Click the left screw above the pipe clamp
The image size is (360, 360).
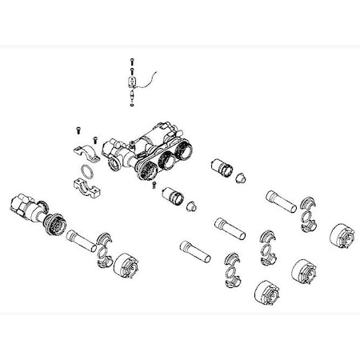(78, 130)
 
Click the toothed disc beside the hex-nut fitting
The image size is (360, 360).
(53, 226)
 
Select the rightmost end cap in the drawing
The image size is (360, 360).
(342, 238)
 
